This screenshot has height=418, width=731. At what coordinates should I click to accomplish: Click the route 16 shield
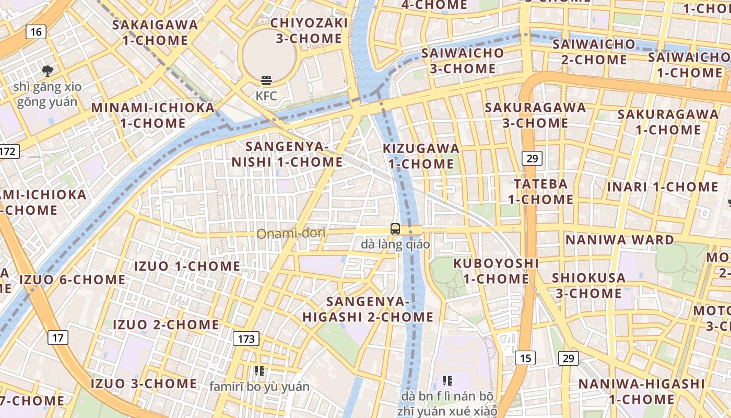36,32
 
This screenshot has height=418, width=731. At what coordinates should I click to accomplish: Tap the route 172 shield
8,152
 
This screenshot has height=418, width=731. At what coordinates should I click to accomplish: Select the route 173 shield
246,339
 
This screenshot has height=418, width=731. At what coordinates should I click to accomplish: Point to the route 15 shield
525,358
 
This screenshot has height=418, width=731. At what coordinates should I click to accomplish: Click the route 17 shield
57,338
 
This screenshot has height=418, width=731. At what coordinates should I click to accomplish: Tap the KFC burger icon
266,81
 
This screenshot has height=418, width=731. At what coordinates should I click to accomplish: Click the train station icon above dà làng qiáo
395,229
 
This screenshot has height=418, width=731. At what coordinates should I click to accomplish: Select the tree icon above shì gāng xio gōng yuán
48,71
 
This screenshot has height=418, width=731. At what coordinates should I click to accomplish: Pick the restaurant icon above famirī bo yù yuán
260,371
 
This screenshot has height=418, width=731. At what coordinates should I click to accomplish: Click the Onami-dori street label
291,233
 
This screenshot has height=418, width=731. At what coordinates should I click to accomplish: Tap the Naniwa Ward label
620,240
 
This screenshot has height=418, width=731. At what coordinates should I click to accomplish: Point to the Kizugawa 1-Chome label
421,156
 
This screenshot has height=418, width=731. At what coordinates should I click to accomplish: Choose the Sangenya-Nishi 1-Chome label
287,154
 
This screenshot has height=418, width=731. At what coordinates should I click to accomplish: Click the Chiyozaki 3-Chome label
309,30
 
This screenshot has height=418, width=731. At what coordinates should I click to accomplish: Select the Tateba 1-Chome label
541,191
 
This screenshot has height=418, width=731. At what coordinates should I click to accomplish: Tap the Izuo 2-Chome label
166,324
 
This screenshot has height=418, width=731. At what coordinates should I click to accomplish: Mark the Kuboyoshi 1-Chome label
496,270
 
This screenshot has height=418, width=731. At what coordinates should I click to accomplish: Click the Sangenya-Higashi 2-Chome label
368,309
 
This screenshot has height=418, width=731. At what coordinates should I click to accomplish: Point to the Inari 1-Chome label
663,187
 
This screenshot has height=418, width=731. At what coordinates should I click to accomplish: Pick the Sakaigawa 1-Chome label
155,32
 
